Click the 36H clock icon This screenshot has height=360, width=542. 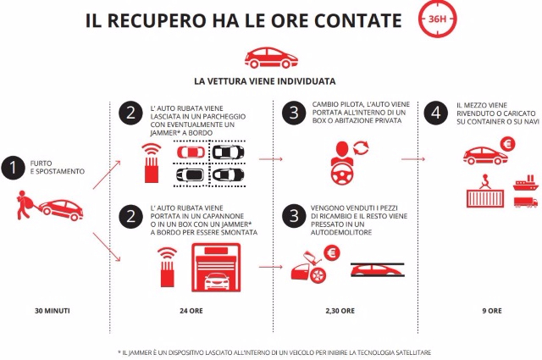(438, 21)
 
